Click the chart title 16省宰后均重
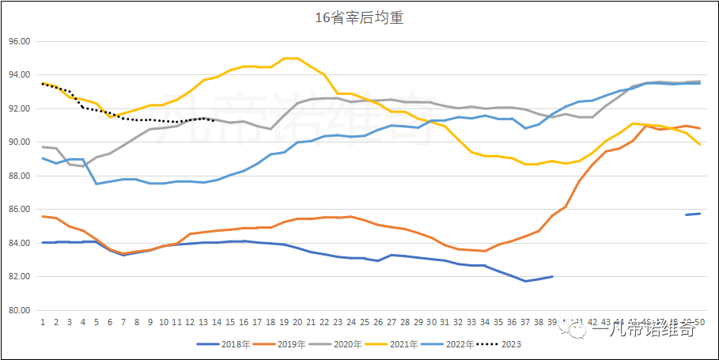[x=359, y=17]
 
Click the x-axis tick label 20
[x=297, y=323]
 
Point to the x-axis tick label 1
[x=43, y=323]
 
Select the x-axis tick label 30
[x=431, y=323]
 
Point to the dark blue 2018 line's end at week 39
[x=552, y=277]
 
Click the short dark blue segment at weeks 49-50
[x=693, y=214]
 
